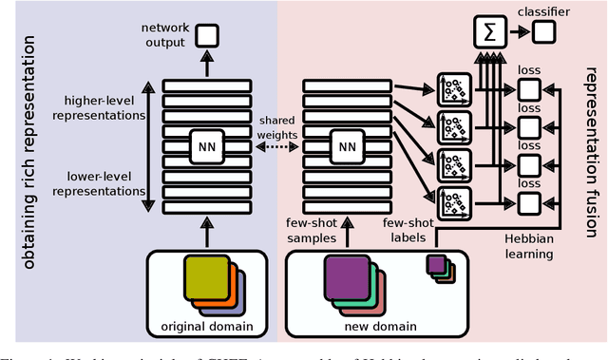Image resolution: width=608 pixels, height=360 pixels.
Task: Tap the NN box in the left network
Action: point(206,146)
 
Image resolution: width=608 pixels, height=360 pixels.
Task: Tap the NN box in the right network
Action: point(347,146)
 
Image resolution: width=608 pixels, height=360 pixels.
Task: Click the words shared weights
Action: point(275,124)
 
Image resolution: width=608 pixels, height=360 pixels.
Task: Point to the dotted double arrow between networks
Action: point(275,147)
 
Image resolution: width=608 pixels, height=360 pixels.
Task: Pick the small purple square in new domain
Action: point(435,263)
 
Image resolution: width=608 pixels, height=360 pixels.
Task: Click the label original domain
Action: point(208,328)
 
